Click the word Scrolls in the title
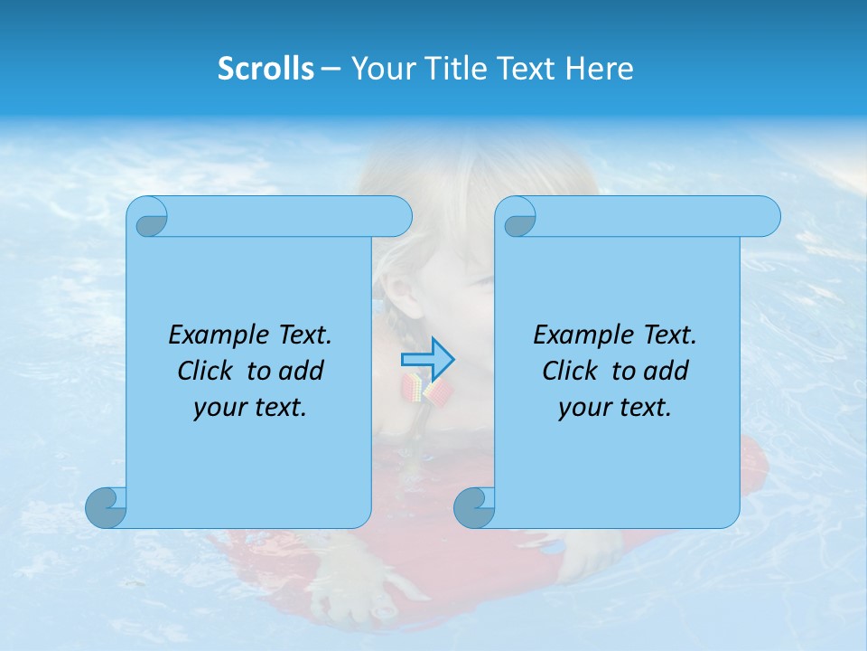point(266,69)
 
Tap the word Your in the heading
point(380,69)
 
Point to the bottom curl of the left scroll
point(106,508)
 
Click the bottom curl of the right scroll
point(474,508)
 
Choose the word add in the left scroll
point(301,372)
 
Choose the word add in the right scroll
point(666,372)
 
